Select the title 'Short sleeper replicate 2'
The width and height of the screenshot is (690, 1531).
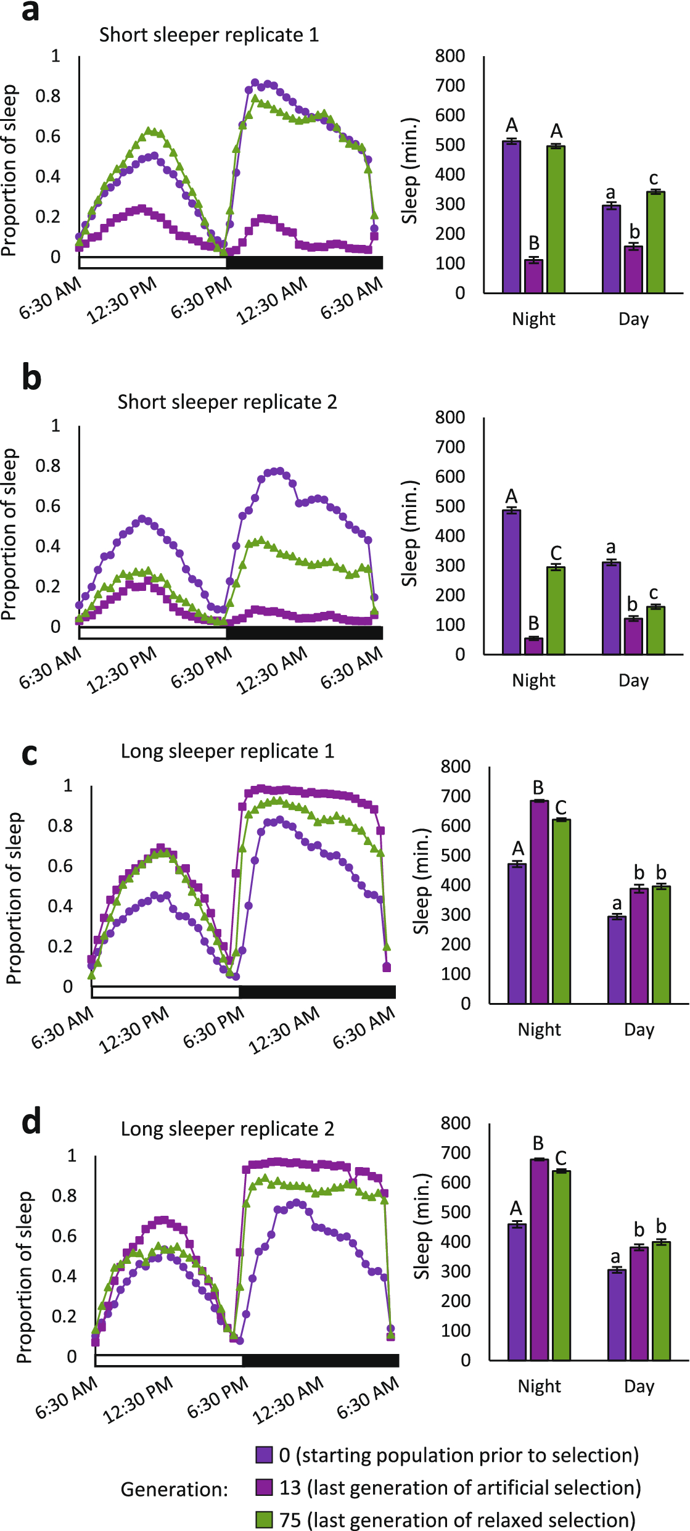[x=227, y=402]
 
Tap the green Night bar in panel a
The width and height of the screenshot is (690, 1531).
[x=556, y=219]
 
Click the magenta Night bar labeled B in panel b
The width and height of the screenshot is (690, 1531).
[x=534, y=646]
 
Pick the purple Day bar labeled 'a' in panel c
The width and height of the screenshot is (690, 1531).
[x=617, y=960]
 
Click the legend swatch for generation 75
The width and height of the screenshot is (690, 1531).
[x=265, y=1519]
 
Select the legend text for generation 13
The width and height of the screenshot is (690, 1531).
[x=459, y=1487]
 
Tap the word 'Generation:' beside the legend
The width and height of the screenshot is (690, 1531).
[x=175, y=1489]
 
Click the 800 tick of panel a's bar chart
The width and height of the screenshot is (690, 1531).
[x=450, y=56]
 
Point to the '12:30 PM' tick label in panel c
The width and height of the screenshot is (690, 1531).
[x=134, y=1030]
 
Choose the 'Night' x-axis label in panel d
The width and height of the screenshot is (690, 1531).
[x=539, y=1386]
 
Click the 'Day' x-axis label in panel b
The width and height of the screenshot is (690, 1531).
[x=634, y=680]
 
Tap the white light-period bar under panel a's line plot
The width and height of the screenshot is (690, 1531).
[x=153, y=262]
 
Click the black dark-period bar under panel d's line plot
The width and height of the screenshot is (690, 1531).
[x=320, y=1360]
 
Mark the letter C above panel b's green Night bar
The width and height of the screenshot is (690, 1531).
[x=556, y=553]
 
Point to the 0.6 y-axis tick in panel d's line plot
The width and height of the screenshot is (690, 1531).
[x=64, y=1235]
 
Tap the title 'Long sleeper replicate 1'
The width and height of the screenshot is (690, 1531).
[x=227, y=751]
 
